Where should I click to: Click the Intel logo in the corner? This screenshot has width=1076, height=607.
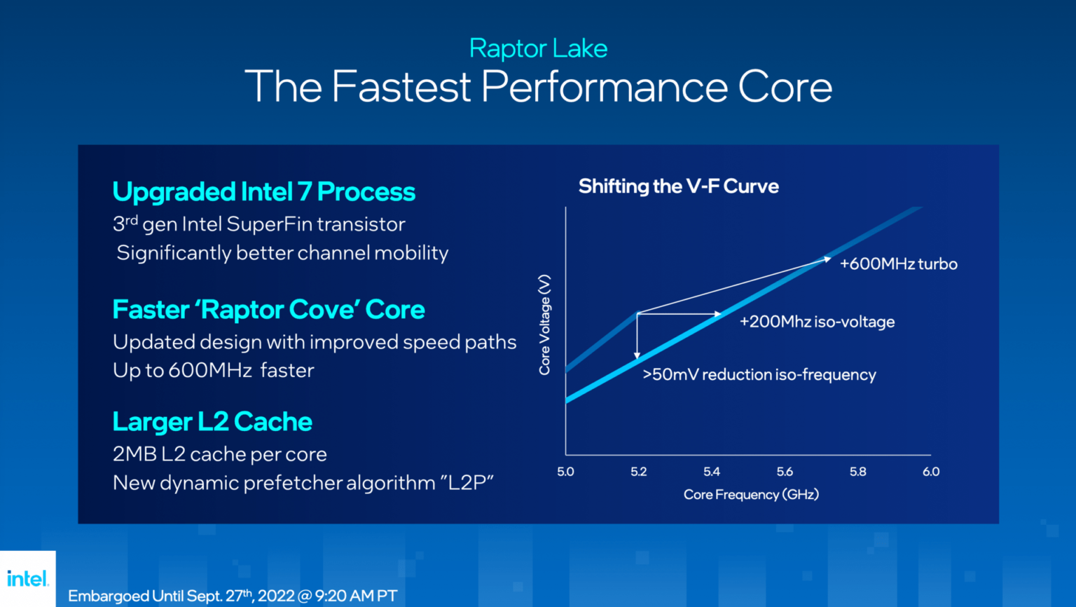point(27,579)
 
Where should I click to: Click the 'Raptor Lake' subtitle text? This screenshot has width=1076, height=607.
point(538,48)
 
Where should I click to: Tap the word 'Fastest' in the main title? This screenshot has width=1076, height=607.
point(401,87)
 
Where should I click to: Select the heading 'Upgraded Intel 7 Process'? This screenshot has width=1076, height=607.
point(263,192)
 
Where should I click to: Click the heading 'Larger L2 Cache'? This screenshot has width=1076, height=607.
point(212,422)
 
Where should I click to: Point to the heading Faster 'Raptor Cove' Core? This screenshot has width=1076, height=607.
point(268,310)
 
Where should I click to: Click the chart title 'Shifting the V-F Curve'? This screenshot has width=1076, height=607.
point(678,186)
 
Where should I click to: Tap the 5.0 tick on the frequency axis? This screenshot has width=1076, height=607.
point(565,472)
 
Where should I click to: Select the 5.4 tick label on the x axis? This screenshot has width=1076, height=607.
point(712,472)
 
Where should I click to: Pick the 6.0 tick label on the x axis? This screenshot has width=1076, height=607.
point(931,472)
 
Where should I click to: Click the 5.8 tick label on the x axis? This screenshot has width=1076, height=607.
point(857,472)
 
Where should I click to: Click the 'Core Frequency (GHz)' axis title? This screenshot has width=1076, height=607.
point(751,495)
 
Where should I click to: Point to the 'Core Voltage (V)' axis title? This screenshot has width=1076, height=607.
point(544,325)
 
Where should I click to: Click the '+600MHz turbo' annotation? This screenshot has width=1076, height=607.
point(898,264)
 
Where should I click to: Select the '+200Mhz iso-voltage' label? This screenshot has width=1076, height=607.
point(817,322)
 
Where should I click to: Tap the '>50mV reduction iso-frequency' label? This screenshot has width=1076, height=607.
point(759,375)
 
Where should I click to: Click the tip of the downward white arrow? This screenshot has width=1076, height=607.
point(637,358)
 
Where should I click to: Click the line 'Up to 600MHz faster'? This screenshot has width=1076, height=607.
point(214,370)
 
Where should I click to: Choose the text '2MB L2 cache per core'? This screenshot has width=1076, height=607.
point(219,454)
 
